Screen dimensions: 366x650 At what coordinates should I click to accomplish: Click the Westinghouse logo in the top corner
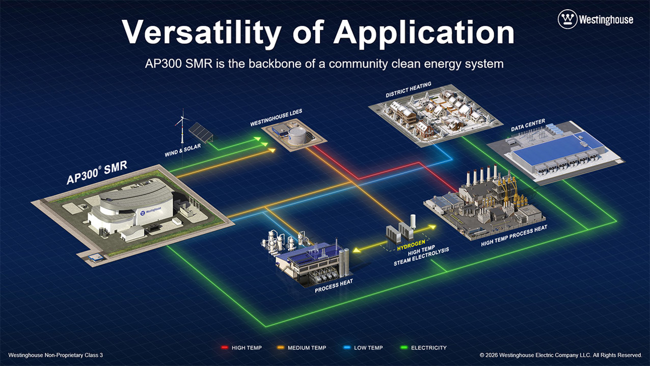coord(595,19)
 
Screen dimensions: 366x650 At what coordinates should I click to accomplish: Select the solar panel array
coord(202,132)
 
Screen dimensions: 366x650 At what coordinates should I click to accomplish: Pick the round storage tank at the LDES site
coord(296,135)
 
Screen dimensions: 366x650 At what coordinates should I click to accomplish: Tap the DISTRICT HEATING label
coord(408,89)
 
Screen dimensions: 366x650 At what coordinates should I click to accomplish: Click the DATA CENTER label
coord(528,125)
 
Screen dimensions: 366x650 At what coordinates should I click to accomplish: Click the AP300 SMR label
coord(97,173)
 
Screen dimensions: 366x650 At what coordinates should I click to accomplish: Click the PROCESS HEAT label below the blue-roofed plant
coord(334,285)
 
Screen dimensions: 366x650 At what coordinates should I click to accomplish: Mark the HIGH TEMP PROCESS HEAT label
coord(514,236)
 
